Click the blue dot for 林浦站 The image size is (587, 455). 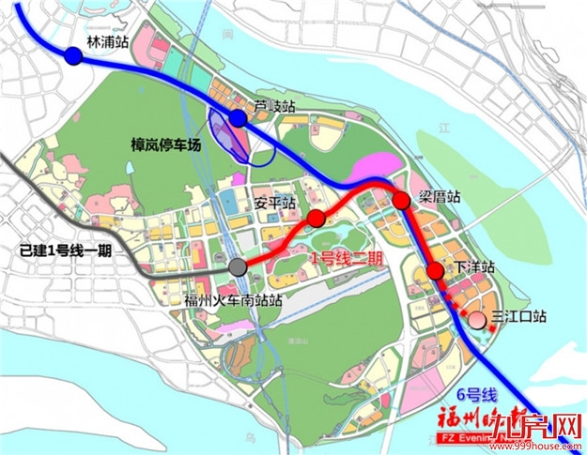click(73, 57)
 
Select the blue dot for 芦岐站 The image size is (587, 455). click(238, 118)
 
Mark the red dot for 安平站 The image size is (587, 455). click(317, 219)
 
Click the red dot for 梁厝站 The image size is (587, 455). click(401, 200)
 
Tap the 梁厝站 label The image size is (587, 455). click(440, 197)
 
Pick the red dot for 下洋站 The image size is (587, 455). click(435, 271)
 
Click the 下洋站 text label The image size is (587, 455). click(474, 267)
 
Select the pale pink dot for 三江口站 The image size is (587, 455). click(477, 319)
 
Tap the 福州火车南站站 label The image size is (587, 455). click(233, 300)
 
